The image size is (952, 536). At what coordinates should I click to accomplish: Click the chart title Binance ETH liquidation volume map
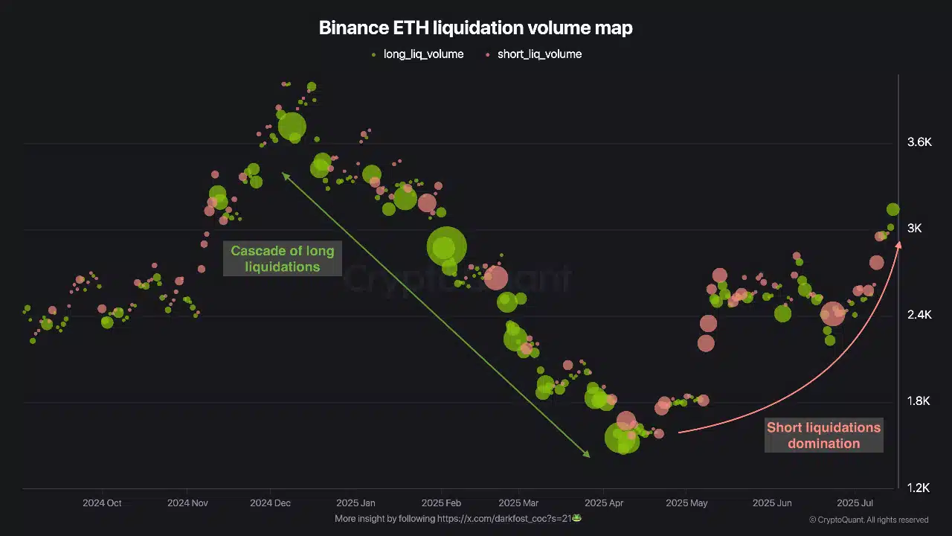click(x=475, y=28)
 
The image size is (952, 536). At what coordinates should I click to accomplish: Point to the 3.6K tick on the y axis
click(x=919, y=143)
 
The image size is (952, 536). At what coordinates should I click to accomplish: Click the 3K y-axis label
click(x=914, y=229)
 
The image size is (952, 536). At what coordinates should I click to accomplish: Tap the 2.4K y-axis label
click(x=919, y=315)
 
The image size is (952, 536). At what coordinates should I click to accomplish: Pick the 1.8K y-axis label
click(x=919, y=401)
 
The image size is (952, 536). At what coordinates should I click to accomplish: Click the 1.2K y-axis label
click(x=919, y=488)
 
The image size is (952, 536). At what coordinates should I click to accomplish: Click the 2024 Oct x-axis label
click(x=102, y=503)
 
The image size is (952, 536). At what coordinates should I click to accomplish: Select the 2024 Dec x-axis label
click(x=270, y=503)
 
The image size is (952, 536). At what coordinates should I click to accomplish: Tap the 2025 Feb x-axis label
click(x=442, y=503)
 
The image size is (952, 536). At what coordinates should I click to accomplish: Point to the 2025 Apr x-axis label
click(x=605, y=503)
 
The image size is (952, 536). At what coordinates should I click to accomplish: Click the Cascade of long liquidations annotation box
click(x=282, y=259)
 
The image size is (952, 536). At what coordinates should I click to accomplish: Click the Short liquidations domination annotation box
click(x=824, y=435)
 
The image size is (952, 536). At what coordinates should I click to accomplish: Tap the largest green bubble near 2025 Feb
click(x=446, y=246)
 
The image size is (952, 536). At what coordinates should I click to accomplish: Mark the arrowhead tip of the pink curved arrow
click(x=899, y=243)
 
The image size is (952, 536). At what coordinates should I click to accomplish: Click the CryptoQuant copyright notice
click(x=869, y=520)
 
